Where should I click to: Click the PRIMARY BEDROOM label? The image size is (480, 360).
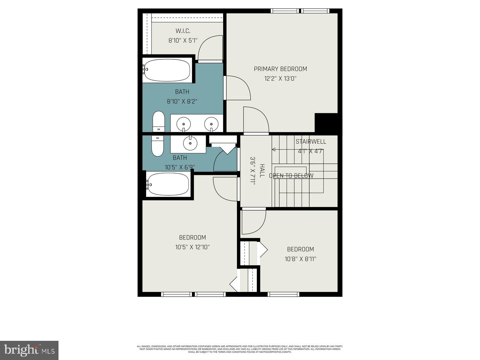pyautogui.click(x=280, y=69)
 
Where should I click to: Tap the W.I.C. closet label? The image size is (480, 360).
pyautogui.click(x=183, y=31)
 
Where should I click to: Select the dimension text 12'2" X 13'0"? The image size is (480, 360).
pyautogui.click(x=280, y=79)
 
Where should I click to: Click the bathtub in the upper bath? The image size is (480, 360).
pyautogui.click(x=167, y=70)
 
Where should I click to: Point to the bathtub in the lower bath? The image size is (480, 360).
pyautogui.click(x=168, y=184)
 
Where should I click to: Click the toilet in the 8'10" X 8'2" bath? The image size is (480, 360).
pyautogui.click(x=158, y=121)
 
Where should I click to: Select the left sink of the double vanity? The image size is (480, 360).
pyautogui.click(x=183, y=123)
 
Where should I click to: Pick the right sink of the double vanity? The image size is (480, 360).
pyautogui.click(x=211, y=123)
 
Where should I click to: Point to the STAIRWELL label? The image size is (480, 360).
pyautogui.click(x=310, y=142)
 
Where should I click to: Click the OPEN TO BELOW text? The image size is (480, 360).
pyautogui.click(x=291, y=176)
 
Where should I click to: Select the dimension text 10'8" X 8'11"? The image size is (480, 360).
pyautogui.click(x=300, y=259)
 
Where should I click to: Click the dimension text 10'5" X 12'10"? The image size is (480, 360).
pyautogui.click(x=192, y=247)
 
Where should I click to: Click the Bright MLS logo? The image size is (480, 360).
pyautogui.click(x=29, y=350)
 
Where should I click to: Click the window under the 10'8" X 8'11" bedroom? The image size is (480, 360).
pyautogui.click(x=283, y=294)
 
